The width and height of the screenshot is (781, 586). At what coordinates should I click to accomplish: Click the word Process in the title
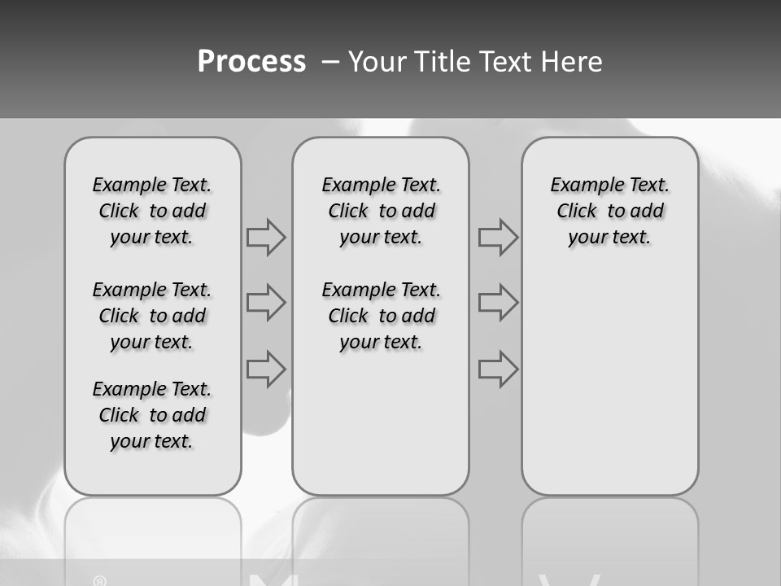point(251,62)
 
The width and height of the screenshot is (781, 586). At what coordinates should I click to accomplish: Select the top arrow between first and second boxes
point(266,238)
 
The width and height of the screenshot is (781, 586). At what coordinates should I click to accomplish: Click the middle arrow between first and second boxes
point(266,303)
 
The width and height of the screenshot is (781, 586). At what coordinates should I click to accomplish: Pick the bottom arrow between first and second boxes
point(266,369)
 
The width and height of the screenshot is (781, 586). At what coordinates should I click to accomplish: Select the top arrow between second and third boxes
point(498,238)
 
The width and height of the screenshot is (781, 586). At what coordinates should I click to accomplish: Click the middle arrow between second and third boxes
point(498,303)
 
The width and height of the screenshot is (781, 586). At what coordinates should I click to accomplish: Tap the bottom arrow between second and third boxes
point(498,369)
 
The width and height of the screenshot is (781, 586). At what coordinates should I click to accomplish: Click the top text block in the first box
point(152,211)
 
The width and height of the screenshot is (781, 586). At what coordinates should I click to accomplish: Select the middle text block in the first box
point(152,316)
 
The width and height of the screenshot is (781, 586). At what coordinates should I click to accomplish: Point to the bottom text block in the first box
point(152,415)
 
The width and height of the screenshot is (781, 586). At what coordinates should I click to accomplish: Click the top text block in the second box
point(381,211)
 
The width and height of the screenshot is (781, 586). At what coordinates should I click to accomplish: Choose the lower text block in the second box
point(381,316)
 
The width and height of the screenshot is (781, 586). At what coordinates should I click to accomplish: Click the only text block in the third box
point(609,211)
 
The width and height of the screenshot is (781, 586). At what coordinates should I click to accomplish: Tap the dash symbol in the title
point(330,63)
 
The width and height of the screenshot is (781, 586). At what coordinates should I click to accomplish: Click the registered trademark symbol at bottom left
point(100,580)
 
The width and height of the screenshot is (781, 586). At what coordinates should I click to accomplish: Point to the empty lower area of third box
point(609,383)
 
